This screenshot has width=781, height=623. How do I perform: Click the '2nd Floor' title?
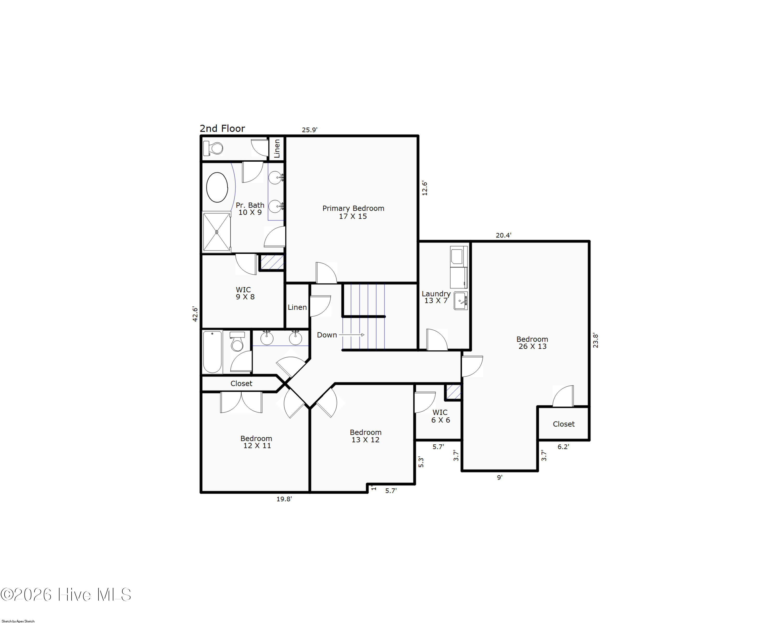[x=222, y=129]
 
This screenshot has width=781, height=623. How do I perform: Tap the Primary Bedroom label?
[x=353, y=212]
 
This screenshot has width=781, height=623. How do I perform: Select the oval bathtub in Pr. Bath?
[x=217, y=187]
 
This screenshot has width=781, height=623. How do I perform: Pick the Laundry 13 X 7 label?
[x=436, y=297]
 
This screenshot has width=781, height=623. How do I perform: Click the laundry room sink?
[x=461, y=301]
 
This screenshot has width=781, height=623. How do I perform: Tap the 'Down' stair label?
[x=327, y=335]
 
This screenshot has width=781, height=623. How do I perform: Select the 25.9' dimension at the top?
[x=310, y=130]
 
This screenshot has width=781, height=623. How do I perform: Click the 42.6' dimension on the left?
[x=195, y=314]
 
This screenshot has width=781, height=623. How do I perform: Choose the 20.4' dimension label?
[x=503, y=235]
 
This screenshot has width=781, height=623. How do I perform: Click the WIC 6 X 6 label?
[x=440, y=416]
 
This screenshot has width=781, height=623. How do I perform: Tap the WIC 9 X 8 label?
[x=245, y=293]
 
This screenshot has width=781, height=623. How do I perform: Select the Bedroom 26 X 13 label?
[x=532, y=343]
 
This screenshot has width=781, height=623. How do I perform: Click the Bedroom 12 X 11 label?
[x=256, y=442]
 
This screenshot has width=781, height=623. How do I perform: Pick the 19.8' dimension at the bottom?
[x=284, y=499]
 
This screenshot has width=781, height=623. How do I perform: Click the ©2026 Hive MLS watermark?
[x=66, y=595]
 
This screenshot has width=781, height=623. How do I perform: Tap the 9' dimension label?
[x=500, y=477]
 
